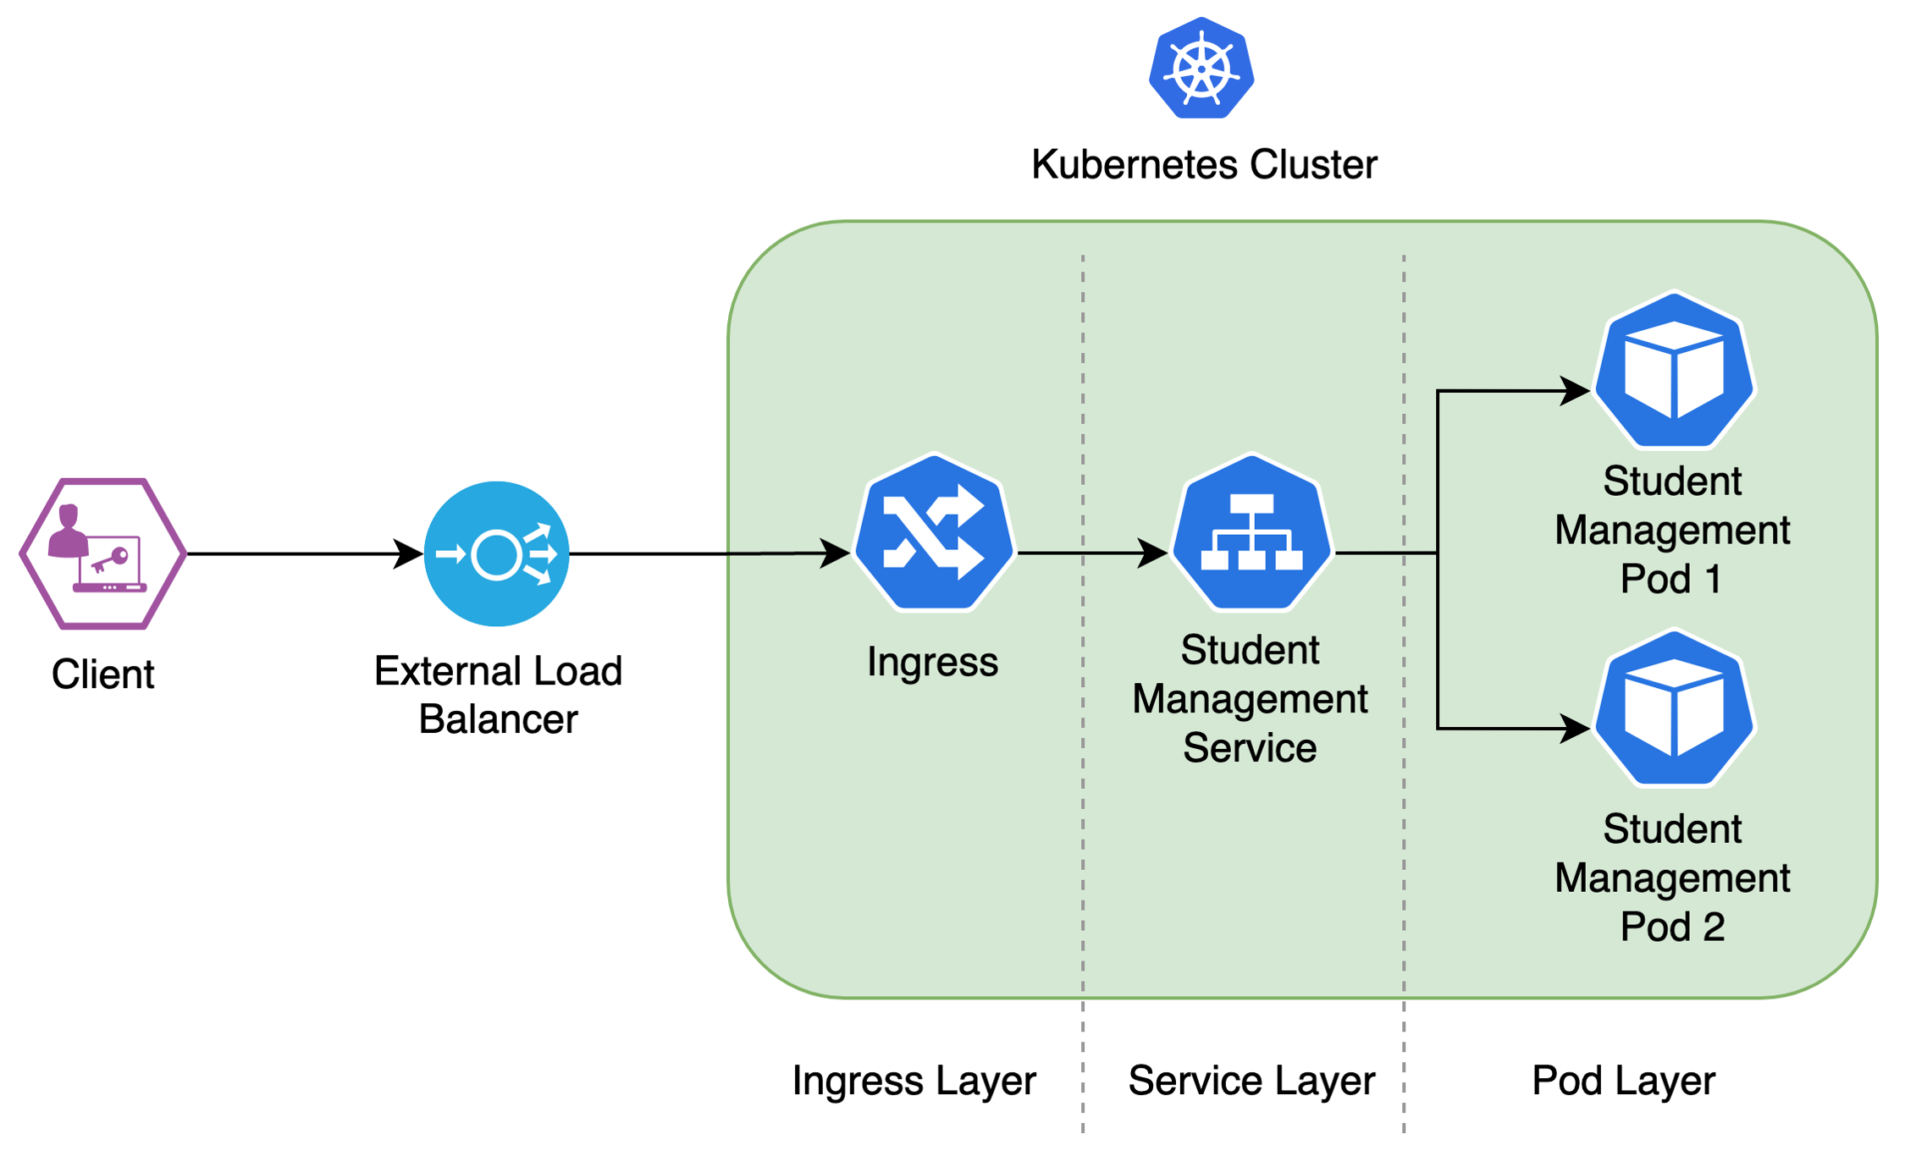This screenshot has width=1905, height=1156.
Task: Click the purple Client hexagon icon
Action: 102,554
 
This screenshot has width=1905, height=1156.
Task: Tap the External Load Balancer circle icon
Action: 497,554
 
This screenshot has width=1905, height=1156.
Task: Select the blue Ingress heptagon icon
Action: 934,533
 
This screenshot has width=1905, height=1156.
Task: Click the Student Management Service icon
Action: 1251,533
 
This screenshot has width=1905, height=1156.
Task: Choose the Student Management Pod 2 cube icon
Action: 1674,708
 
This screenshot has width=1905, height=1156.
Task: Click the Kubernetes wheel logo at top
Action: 1201,69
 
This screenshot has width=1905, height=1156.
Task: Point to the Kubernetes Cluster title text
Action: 1203,164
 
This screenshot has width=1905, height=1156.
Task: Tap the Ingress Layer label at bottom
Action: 914,1081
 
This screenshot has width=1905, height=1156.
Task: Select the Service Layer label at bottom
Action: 1251,1081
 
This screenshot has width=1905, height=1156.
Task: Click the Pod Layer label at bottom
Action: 1623,1081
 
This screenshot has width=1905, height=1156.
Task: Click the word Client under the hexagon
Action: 102,674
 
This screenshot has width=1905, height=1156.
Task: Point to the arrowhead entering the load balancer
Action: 410,554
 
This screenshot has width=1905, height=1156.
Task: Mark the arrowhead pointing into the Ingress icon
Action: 837,553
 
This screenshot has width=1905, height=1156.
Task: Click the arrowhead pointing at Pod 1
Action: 1576,391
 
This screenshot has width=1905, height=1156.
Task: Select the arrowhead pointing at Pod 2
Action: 1576,728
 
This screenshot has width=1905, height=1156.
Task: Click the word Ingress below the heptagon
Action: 932,662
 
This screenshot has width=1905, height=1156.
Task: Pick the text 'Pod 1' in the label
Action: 1670,580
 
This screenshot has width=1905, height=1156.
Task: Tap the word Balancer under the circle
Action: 498,719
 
